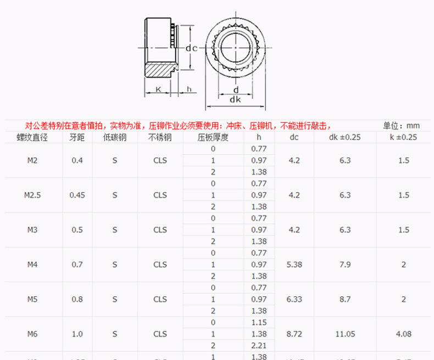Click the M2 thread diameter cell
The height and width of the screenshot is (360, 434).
32,160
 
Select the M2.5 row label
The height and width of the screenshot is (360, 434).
32,195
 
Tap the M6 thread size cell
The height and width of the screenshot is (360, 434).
32,334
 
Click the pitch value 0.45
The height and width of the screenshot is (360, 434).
77,195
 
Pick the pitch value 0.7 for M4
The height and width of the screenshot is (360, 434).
77,265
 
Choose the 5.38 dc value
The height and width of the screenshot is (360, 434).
294,265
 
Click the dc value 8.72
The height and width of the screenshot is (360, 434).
294,334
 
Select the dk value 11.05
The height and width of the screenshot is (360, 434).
345,334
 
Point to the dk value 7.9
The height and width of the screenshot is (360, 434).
345,265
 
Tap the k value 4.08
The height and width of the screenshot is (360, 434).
404,334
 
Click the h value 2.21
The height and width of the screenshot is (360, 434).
259,345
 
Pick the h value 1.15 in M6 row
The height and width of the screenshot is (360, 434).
259,322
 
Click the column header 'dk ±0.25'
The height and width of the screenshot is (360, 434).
345,137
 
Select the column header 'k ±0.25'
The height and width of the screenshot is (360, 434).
404,137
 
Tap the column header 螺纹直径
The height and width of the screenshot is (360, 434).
32,137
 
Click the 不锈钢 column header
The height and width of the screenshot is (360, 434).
160,137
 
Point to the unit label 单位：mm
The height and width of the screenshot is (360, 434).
402,125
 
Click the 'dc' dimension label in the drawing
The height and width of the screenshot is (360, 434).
191,48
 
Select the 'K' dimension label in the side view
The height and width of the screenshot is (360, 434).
158,89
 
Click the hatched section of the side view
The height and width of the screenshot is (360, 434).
160,70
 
